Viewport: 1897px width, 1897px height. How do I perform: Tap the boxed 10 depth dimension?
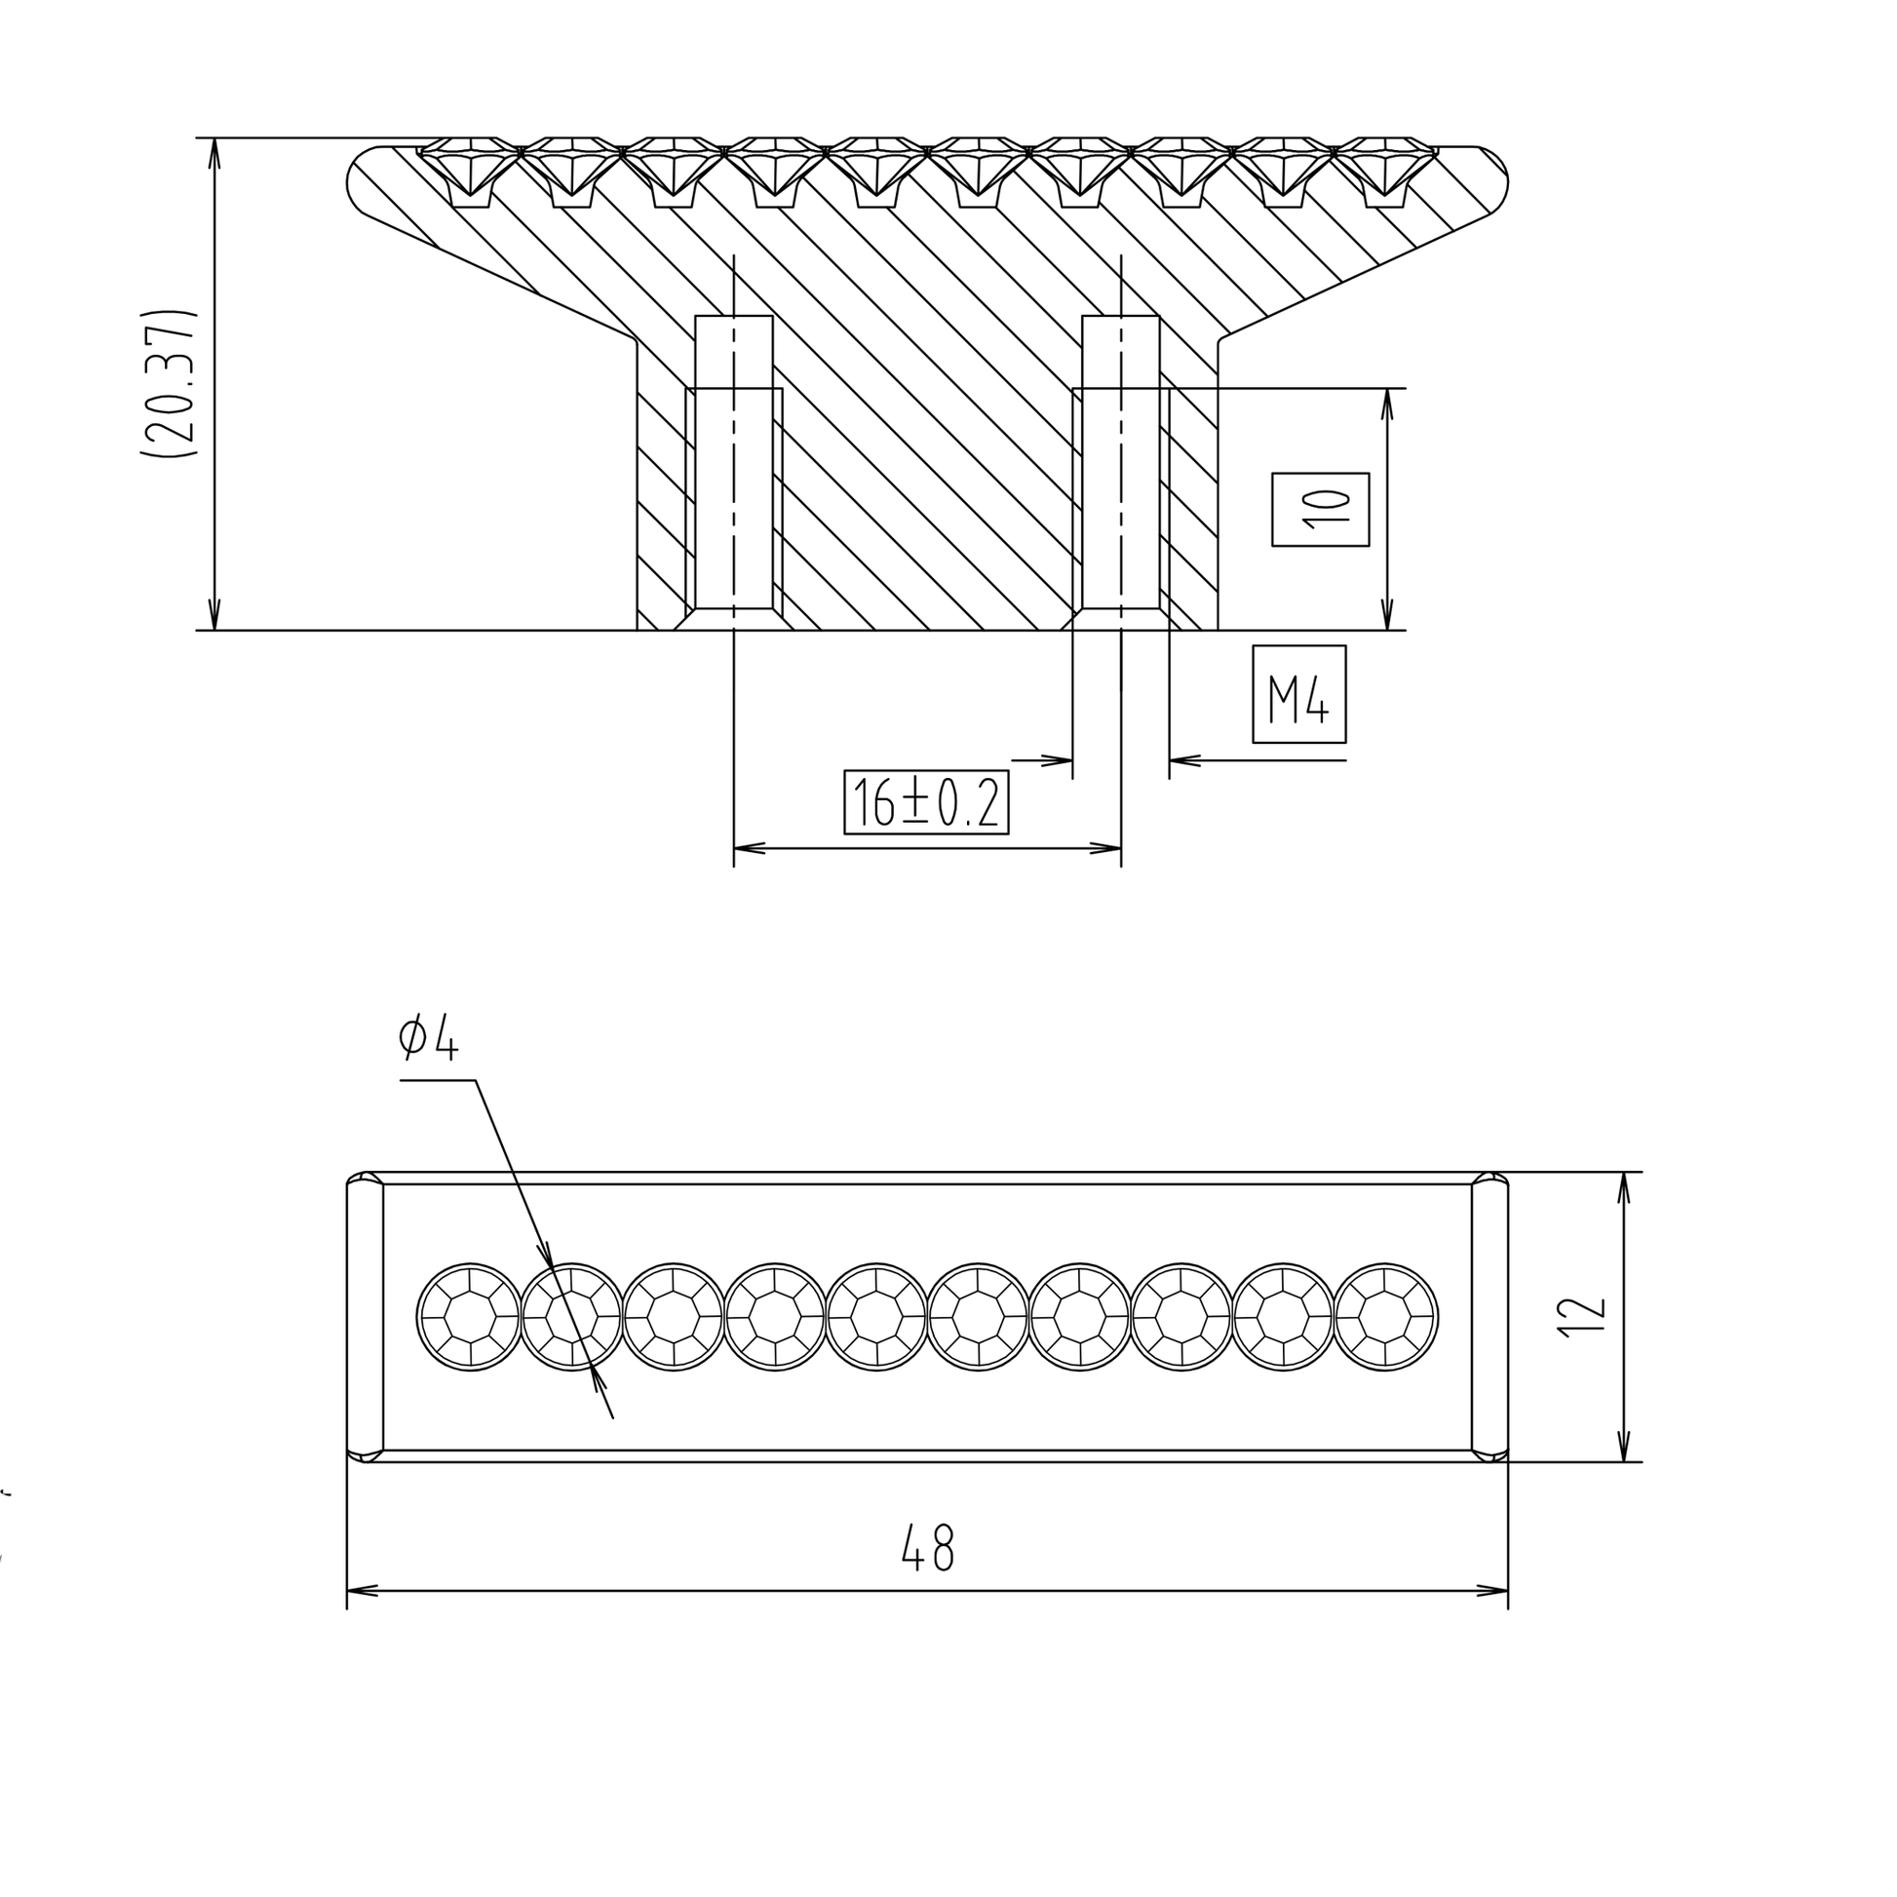click(1320, 510)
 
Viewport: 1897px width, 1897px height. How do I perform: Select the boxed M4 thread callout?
click(1298, 694)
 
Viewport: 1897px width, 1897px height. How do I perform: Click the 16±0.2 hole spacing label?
click(926, 803)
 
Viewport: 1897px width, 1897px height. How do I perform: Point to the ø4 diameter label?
click(428, 1039)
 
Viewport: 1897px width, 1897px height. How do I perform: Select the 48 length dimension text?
click(927, 1548)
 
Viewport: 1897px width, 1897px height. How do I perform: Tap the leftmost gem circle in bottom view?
click(470, 1317)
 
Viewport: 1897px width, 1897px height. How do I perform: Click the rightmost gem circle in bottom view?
click(1385, 1317)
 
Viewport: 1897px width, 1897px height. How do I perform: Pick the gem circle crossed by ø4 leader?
click(572, 1317)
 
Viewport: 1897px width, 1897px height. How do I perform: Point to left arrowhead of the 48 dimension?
click(360, 1591)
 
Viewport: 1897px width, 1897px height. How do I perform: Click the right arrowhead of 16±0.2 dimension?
click(1109, 848)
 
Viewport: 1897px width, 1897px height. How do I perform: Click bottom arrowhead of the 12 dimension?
click(1623, 1450)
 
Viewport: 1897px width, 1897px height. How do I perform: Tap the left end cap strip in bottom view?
click(366, 1317)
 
